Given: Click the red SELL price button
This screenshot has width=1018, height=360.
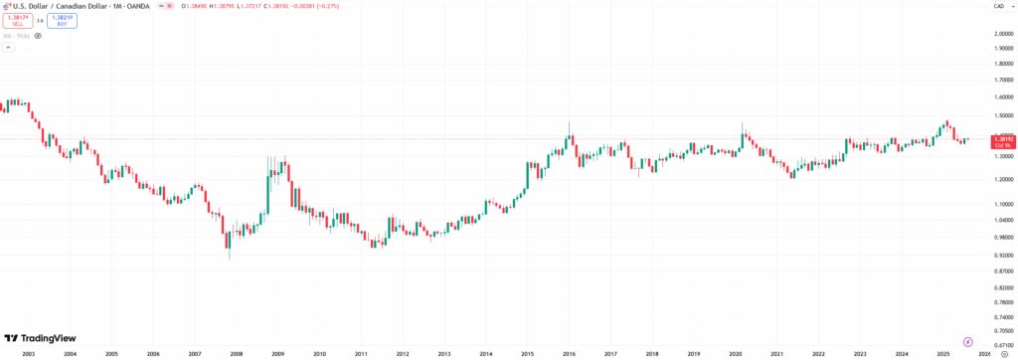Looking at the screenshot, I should click(17, 19).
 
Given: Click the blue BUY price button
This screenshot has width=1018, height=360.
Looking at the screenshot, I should click(62, 19).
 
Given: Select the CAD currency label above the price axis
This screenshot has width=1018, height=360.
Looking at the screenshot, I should click(998, 6).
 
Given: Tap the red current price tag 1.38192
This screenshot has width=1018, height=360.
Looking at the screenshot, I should click(1002, 141).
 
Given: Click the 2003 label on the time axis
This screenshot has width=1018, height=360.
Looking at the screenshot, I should click(28, 353).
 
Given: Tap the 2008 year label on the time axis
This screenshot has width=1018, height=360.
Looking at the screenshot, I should click(236, 353).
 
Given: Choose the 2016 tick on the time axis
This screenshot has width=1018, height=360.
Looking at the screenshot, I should click(569, 353).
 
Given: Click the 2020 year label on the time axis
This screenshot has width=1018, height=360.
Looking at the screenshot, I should click(735, 353).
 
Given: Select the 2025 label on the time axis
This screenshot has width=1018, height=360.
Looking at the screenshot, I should click(942, 353).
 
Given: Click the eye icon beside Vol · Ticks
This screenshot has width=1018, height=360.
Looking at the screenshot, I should click(38, 35).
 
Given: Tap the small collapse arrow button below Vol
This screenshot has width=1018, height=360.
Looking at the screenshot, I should click(7, 47).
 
